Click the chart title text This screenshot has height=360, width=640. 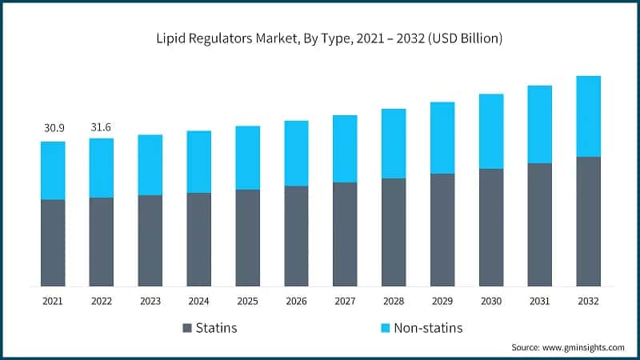pyautogui.click(x=320, y=38)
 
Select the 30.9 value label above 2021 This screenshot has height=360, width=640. pyautogui.click(x=53, y=128)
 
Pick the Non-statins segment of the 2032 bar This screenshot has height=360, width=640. pyautogui.click(x=588, y=116)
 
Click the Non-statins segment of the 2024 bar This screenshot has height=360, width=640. pyautogui.click(x=199, y=162)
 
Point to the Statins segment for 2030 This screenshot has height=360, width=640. pyautogui.click(x=491, y=227)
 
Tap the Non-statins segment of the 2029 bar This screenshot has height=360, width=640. pyautogui.click(x=442, y=138)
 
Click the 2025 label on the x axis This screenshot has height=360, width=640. pyautogui.click(x=247, y=301)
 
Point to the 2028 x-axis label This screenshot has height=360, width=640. pyautogui.click(x=394, y=301)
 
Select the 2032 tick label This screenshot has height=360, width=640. pyautogui.click(x=588, y=301)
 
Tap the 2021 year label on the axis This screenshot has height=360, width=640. pyautogui.click(x=53, y=301)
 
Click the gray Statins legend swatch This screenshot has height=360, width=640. pyautogui.click(x=188, y=328)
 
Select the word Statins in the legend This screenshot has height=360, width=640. pyautogui.click(x=218, y=328)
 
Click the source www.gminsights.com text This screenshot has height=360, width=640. pyautogui.click(x=567, y=347)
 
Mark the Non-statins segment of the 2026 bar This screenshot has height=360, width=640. pyautogui.click(x=296, y=153)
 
